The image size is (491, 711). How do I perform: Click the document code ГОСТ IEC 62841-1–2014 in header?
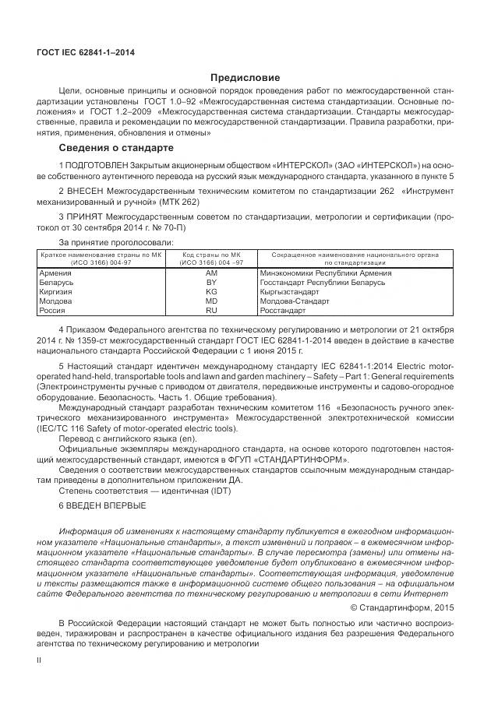click(x=86, y=52)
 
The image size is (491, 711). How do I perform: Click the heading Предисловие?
click(x=245, y=78)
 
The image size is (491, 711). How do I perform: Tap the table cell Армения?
click(x=55, y=273)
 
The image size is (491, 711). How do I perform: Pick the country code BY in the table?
click(x=211, y=283)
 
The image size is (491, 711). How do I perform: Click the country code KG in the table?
click(x=211, y=291)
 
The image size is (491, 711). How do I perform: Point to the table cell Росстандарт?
click(x=283, y=310)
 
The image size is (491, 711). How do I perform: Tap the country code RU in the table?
click(x=211, y=310)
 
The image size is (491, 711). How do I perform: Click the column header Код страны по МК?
click(x=211, y=255)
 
